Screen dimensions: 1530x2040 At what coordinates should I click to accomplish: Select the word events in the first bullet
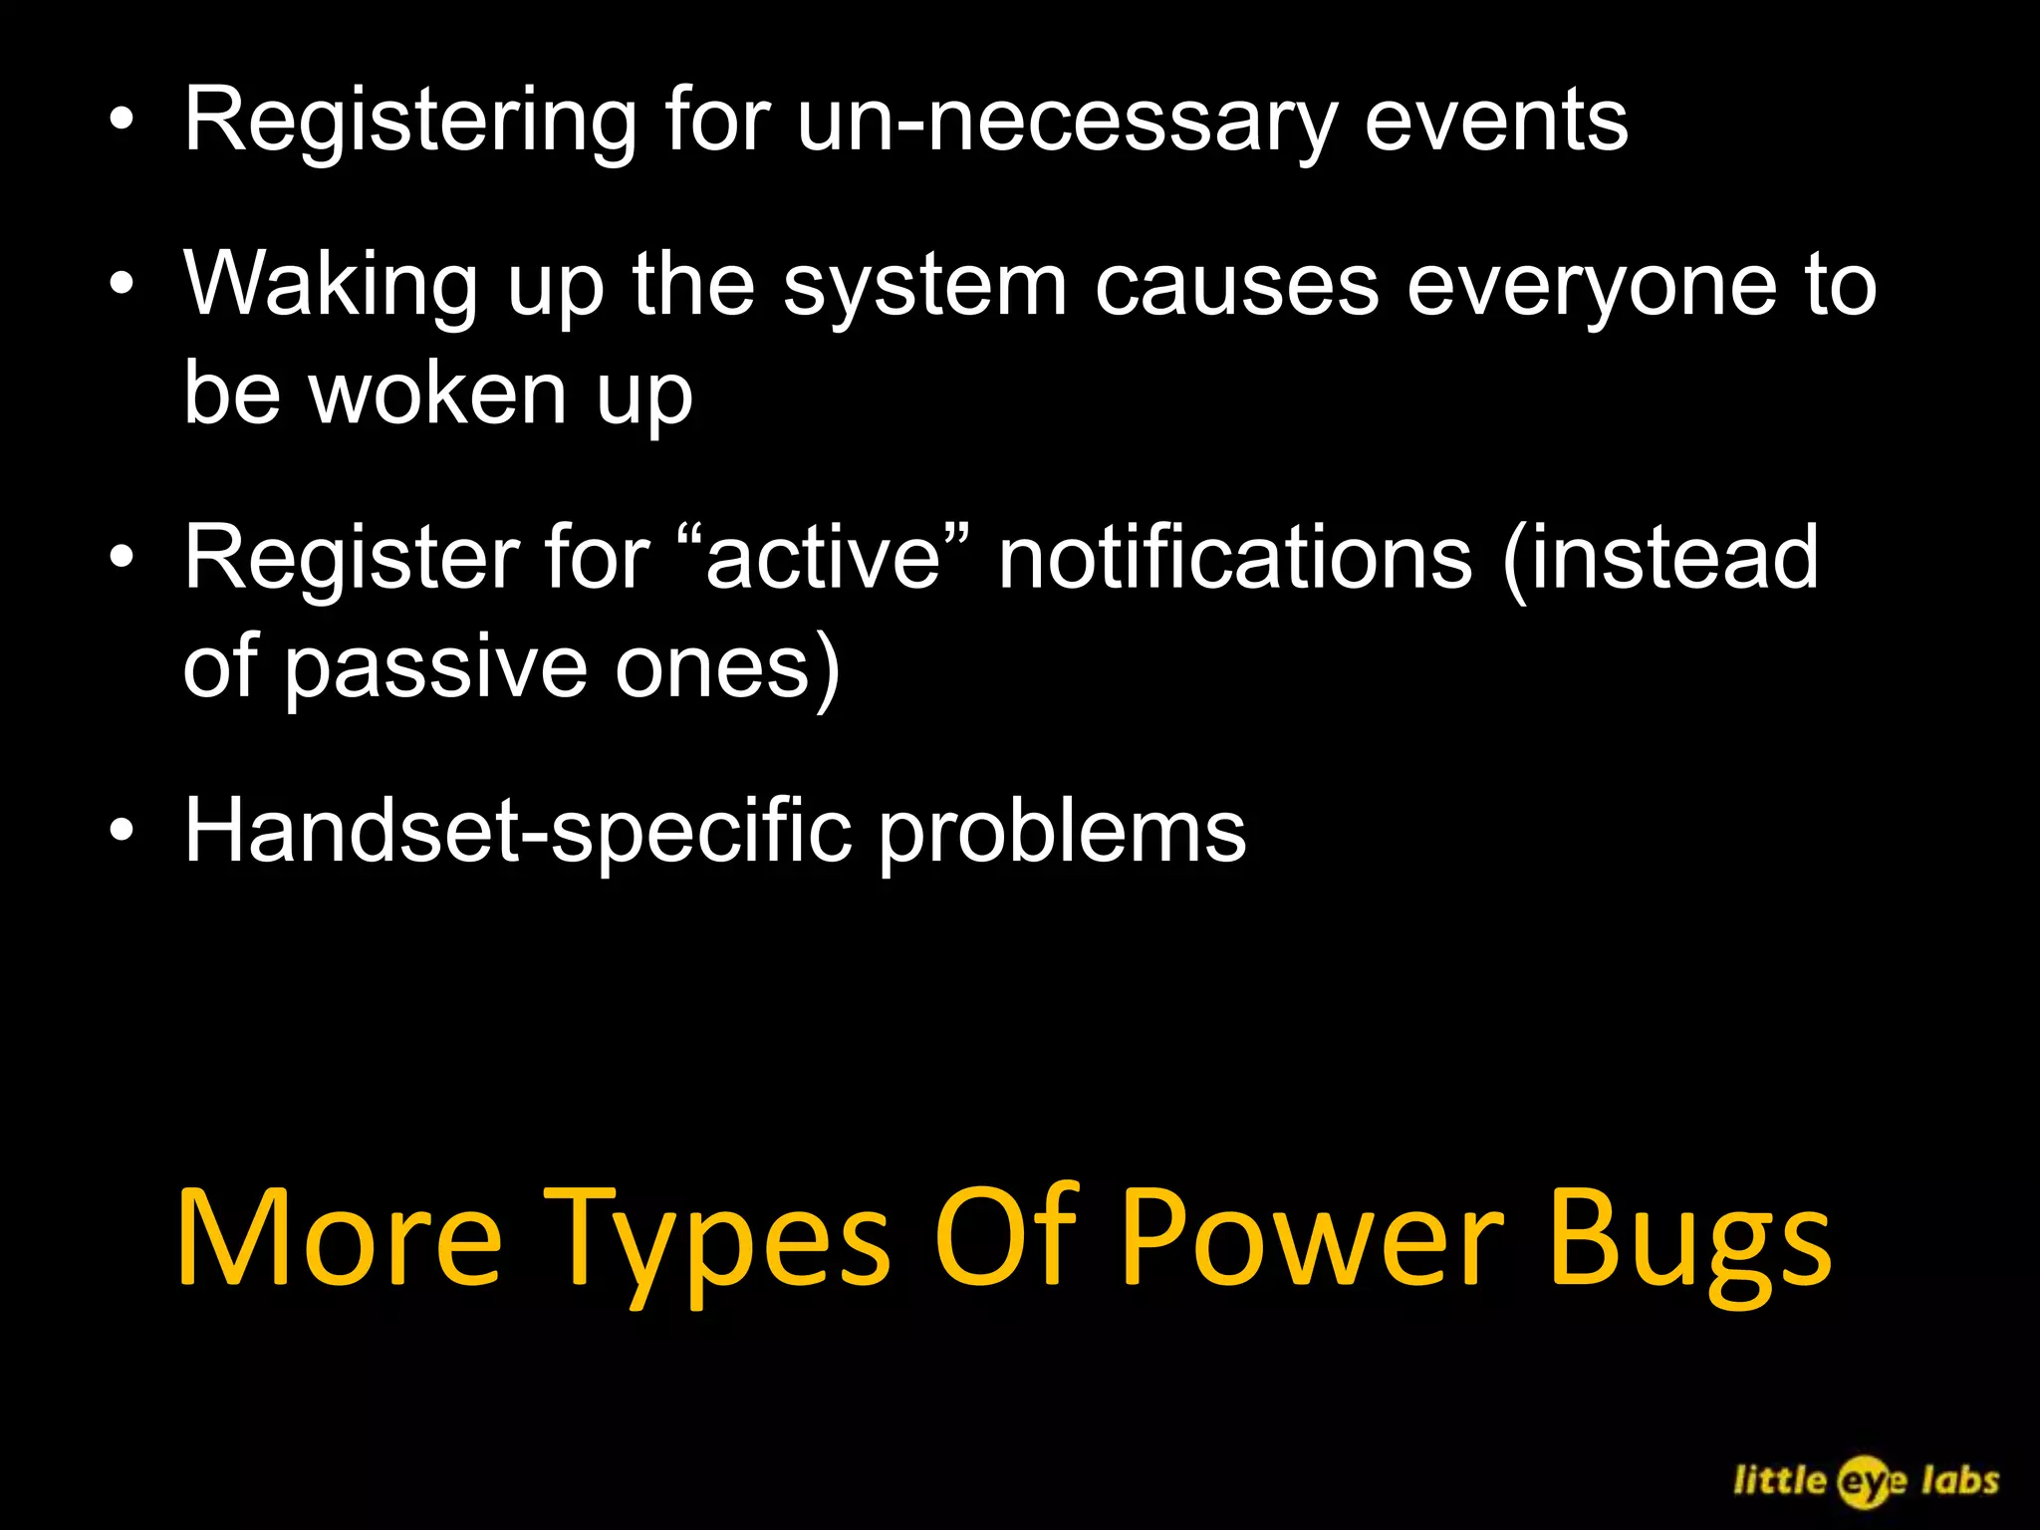(x=1495, y=122)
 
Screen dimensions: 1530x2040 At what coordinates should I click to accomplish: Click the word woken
(x=438, y=393)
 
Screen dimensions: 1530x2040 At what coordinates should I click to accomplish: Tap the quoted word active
(x=823, y=558)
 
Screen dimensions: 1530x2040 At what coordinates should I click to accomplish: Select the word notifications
(x=1235, y=558)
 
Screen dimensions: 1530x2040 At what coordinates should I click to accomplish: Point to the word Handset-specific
(x=518, y=832)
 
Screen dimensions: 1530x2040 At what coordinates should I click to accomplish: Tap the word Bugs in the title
(x=1689, y=1241)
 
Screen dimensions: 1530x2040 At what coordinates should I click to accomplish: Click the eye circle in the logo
(x=1864, y=1481)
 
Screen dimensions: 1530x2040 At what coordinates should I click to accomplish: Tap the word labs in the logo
(x=1959, y=1479)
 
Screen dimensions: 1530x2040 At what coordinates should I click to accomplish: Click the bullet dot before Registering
(x=122, y=121)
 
